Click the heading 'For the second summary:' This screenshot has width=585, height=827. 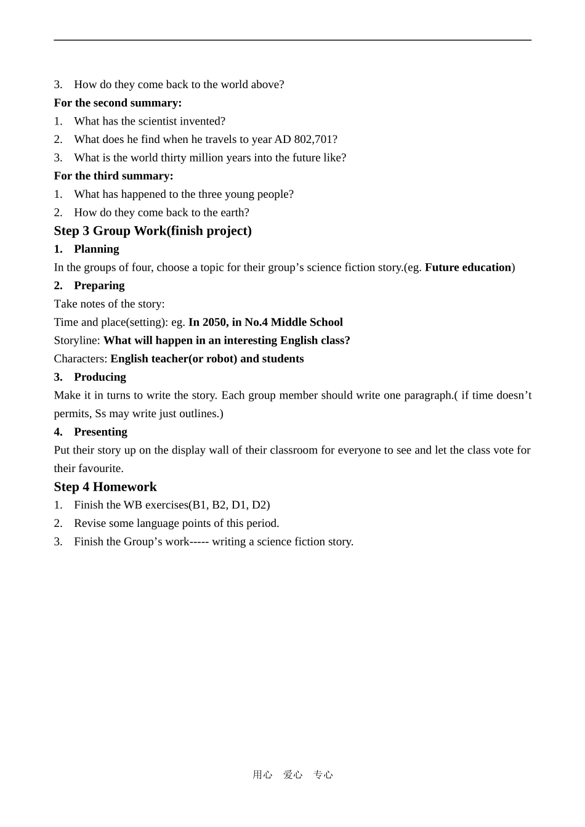[118, 103]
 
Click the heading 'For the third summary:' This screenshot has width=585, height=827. [113, 176]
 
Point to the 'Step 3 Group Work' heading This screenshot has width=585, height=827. [153, 231]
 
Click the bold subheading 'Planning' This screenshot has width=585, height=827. [96, 249]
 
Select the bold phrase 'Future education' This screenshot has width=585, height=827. [468, 267]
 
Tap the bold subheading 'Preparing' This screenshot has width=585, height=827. [99, 285]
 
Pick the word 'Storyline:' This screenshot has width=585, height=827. [77, 341]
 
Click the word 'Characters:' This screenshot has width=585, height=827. [81, 359]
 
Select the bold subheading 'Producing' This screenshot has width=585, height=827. [100, 377]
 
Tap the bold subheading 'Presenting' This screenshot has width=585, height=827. [100, 432]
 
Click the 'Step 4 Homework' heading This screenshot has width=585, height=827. [105, 487]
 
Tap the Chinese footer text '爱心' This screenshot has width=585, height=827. [292, 775]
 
